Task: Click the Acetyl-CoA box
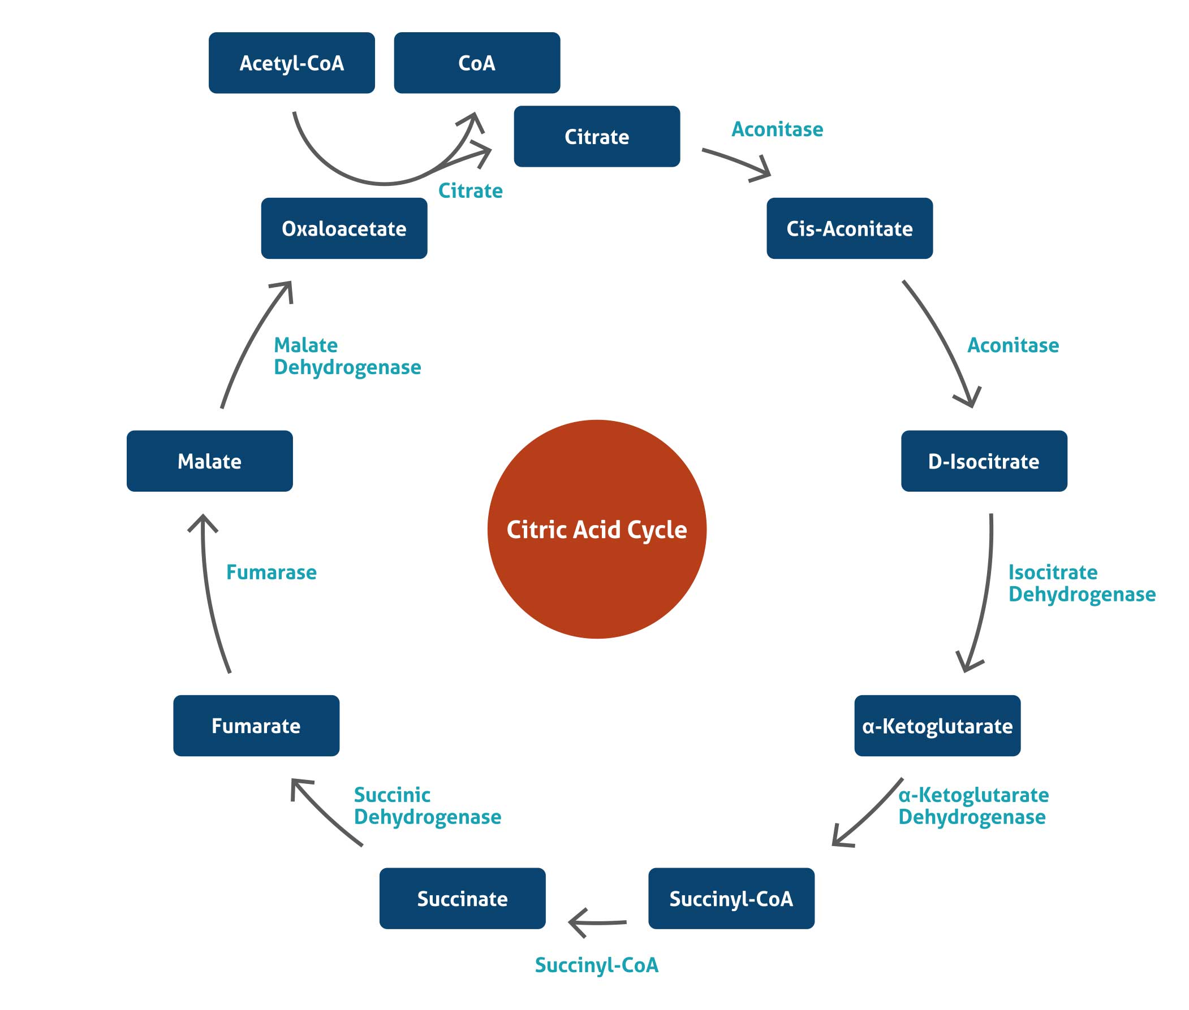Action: tap(291, 63)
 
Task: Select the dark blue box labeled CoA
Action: tap(476, 63)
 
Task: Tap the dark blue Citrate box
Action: tap(596, 136)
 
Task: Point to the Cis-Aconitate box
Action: tap(848, 228)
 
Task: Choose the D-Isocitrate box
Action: tap(983, 461)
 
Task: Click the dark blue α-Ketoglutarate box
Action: tap(936, 726)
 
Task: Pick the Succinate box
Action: tap(462, 898)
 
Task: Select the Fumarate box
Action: tap(256, 726)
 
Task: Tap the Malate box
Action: tap(209, 461)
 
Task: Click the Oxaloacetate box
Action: tap(344, 228)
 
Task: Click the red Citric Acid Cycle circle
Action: tap(596, 529)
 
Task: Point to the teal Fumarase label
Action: tap(271, 572)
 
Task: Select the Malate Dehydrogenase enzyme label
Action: tap(347, 356)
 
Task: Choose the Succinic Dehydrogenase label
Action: tap(427, 805)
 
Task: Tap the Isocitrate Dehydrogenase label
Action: tap(1081, 583)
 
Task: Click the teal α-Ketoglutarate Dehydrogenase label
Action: tap(972, 805)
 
